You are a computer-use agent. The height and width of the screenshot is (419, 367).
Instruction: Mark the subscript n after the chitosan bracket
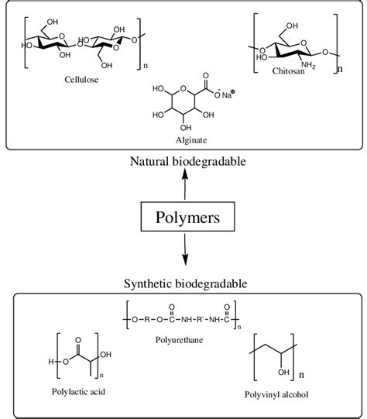[339, 68]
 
